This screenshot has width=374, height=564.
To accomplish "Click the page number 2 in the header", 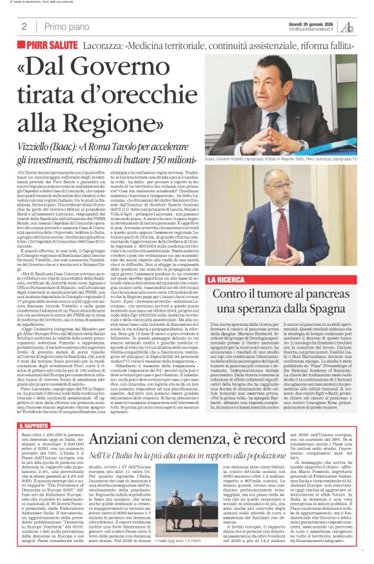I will (24, 26).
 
